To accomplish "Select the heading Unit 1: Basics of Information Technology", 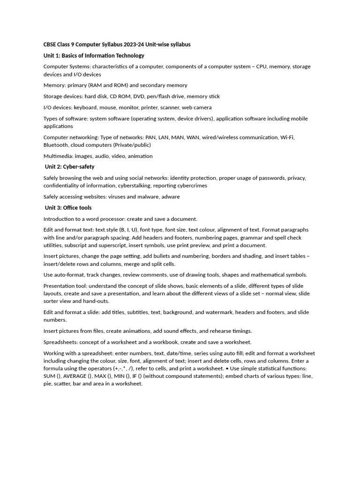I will pos(94,56).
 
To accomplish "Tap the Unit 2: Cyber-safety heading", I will pos(69,167).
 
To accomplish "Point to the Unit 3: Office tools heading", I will pos(68,208).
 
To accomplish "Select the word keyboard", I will pos(85,107).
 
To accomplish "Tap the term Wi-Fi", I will pos(286,137).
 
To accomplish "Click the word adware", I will pos(170,197).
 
